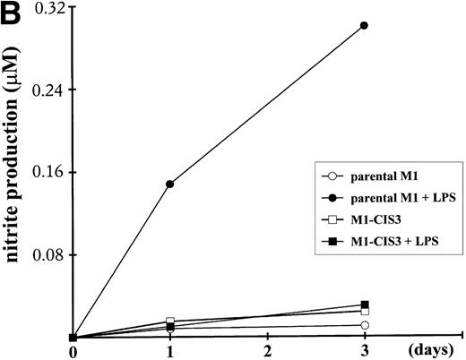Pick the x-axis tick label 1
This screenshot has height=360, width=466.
170,350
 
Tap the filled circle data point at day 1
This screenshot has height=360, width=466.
170,184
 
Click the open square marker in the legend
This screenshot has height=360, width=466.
332,219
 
